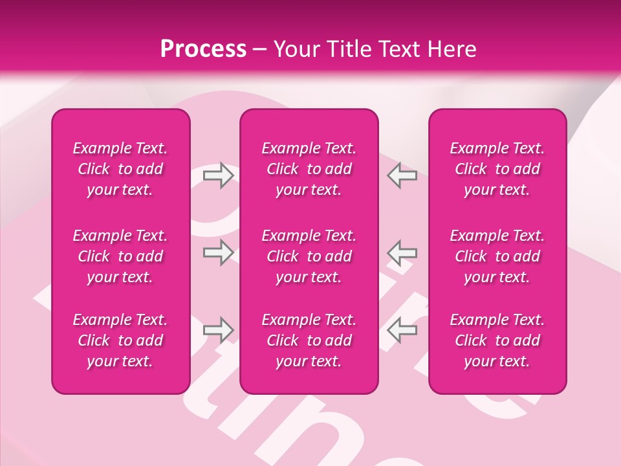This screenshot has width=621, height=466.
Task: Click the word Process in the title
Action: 203,49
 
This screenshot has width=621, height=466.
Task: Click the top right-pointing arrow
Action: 218,175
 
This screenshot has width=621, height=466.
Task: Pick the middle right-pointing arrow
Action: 218,252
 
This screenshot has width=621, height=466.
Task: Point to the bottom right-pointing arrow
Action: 218,330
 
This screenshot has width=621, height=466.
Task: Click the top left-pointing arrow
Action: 402,175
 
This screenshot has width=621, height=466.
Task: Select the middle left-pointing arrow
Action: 402,252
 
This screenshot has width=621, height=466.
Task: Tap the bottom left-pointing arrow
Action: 402,330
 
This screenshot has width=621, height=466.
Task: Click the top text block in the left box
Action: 120,169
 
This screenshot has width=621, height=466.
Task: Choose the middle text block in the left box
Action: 120,256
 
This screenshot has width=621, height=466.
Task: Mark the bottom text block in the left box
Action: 120,340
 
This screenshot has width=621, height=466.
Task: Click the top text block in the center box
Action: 309,169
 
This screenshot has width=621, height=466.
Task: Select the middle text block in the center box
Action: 309,256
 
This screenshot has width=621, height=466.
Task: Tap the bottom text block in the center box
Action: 309,340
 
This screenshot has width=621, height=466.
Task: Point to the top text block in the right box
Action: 497,169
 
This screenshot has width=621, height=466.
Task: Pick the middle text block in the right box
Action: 497,256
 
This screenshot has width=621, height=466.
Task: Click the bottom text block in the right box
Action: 497,340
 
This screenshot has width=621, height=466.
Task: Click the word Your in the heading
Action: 294,49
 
